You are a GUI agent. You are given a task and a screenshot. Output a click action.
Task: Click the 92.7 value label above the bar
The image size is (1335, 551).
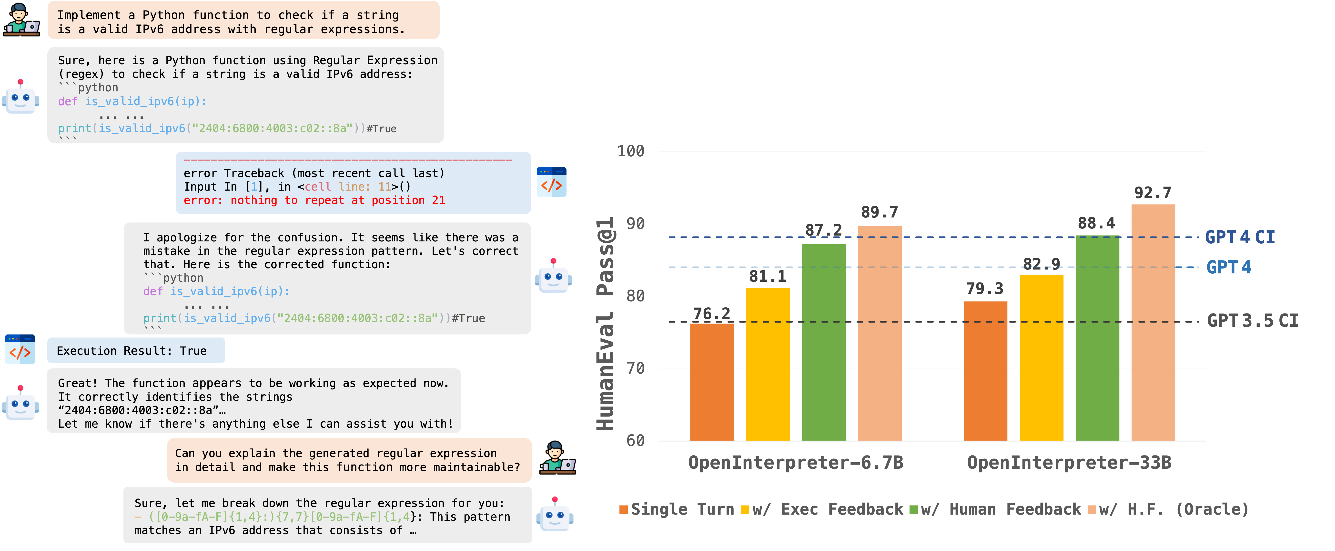tap(1153, 193)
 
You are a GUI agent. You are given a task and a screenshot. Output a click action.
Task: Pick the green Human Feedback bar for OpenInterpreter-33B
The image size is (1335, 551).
tap(1097, 337)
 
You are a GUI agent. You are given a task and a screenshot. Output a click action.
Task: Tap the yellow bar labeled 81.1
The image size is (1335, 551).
tap(768, 363)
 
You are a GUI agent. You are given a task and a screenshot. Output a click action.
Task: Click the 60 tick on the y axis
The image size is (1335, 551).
tap(635, 441)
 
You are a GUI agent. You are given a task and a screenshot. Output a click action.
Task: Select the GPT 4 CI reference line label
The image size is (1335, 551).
tap(1240, 237)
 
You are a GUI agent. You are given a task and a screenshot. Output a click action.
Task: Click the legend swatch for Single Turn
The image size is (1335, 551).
tap(623, 509)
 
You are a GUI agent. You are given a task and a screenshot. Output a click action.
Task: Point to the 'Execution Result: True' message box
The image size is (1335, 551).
tap(136, 351)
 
